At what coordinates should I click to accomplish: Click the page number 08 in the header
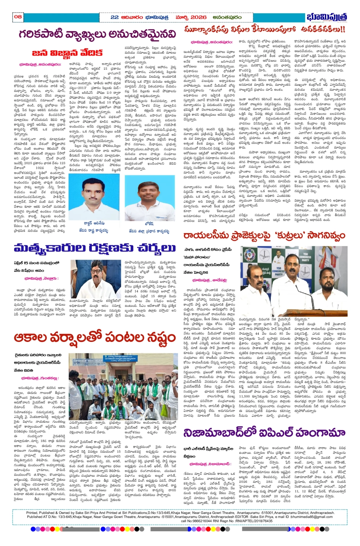coord(18,16)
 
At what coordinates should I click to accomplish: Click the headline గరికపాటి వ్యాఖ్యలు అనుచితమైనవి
coord(97,34)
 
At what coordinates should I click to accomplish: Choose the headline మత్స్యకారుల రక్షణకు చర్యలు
coord(94,249)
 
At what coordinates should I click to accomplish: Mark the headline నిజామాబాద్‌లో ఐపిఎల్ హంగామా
coord(264,433)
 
